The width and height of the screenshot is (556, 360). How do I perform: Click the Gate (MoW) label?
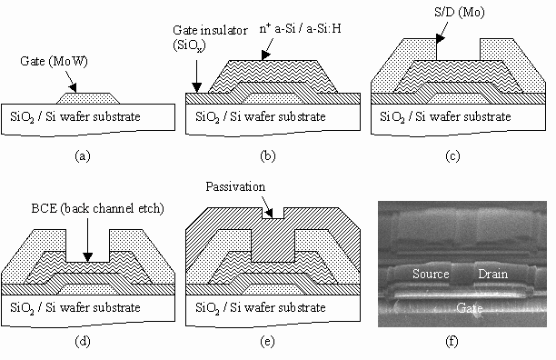point(54,61)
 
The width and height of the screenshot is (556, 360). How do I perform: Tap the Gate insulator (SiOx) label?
point(210,37)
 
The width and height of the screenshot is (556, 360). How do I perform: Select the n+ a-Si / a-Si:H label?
point(301,28)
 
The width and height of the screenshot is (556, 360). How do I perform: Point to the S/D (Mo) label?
point(459,12)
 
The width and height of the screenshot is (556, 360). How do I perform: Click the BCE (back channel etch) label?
point(97,208)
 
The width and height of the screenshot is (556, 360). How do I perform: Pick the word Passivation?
point(235,186)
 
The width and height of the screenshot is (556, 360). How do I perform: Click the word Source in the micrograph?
point(431,274)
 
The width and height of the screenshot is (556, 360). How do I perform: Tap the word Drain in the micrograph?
point(493,274)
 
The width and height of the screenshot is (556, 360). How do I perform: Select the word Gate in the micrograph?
point(469,307)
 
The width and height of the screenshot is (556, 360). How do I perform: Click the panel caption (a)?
point(83,155)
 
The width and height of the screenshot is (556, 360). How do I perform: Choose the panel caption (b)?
point(268,155)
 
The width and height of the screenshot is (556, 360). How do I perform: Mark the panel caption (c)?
point(452,155)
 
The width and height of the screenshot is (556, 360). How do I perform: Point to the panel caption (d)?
point(83,341)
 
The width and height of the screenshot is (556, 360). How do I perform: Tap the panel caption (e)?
point(267,341)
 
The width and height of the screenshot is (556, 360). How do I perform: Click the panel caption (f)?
point(452,341)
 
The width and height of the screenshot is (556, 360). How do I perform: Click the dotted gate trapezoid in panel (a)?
point(88,98)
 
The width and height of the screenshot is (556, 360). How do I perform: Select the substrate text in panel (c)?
point(445,116)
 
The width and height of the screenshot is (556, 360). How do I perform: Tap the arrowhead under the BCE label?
point(87,257)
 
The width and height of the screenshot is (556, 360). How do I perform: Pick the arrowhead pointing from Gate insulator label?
point(197,88)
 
